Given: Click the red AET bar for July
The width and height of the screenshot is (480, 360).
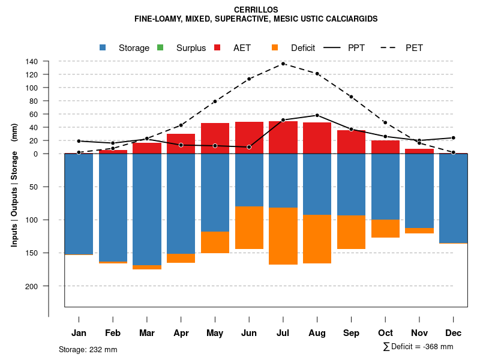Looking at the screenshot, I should [283, 137].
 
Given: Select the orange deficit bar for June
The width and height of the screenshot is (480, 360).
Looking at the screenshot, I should [249, 227].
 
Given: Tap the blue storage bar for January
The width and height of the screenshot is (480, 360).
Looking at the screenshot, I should [79, 203].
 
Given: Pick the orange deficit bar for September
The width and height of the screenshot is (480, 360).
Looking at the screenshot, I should [351, 232].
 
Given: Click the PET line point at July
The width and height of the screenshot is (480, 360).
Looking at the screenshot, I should [283, 64].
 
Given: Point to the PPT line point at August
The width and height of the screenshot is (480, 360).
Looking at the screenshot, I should [317, 115].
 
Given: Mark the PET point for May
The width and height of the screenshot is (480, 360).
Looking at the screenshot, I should [215, 101].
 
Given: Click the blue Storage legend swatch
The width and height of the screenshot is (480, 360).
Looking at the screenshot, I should [103, 47].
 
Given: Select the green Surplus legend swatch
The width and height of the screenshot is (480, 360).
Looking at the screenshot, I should [160, 47].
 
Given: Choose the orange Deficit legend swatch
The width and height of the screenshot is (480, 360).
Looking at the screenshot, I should [275, 47].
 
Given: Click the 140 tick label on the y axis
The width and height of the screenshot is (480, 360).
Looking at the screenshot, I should [32, 61].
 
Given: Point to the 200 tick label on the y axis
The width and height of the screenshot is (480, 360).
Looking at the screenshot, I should [32, 286].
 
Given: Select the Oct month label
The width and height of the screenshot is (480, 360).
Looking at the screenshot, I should [385, 333].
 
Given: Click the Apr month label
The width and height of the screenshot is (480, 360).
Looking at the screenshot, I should [181, 333].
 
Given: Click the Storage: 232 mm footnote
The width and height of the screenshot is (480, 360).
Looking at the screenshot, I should [88, 349].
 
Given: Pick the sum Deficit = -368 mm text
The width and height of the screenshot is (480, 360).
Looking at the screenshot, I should [418, 347].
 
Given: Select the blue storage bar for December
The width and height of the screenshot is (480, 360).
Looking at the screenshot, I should [454, 198].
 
